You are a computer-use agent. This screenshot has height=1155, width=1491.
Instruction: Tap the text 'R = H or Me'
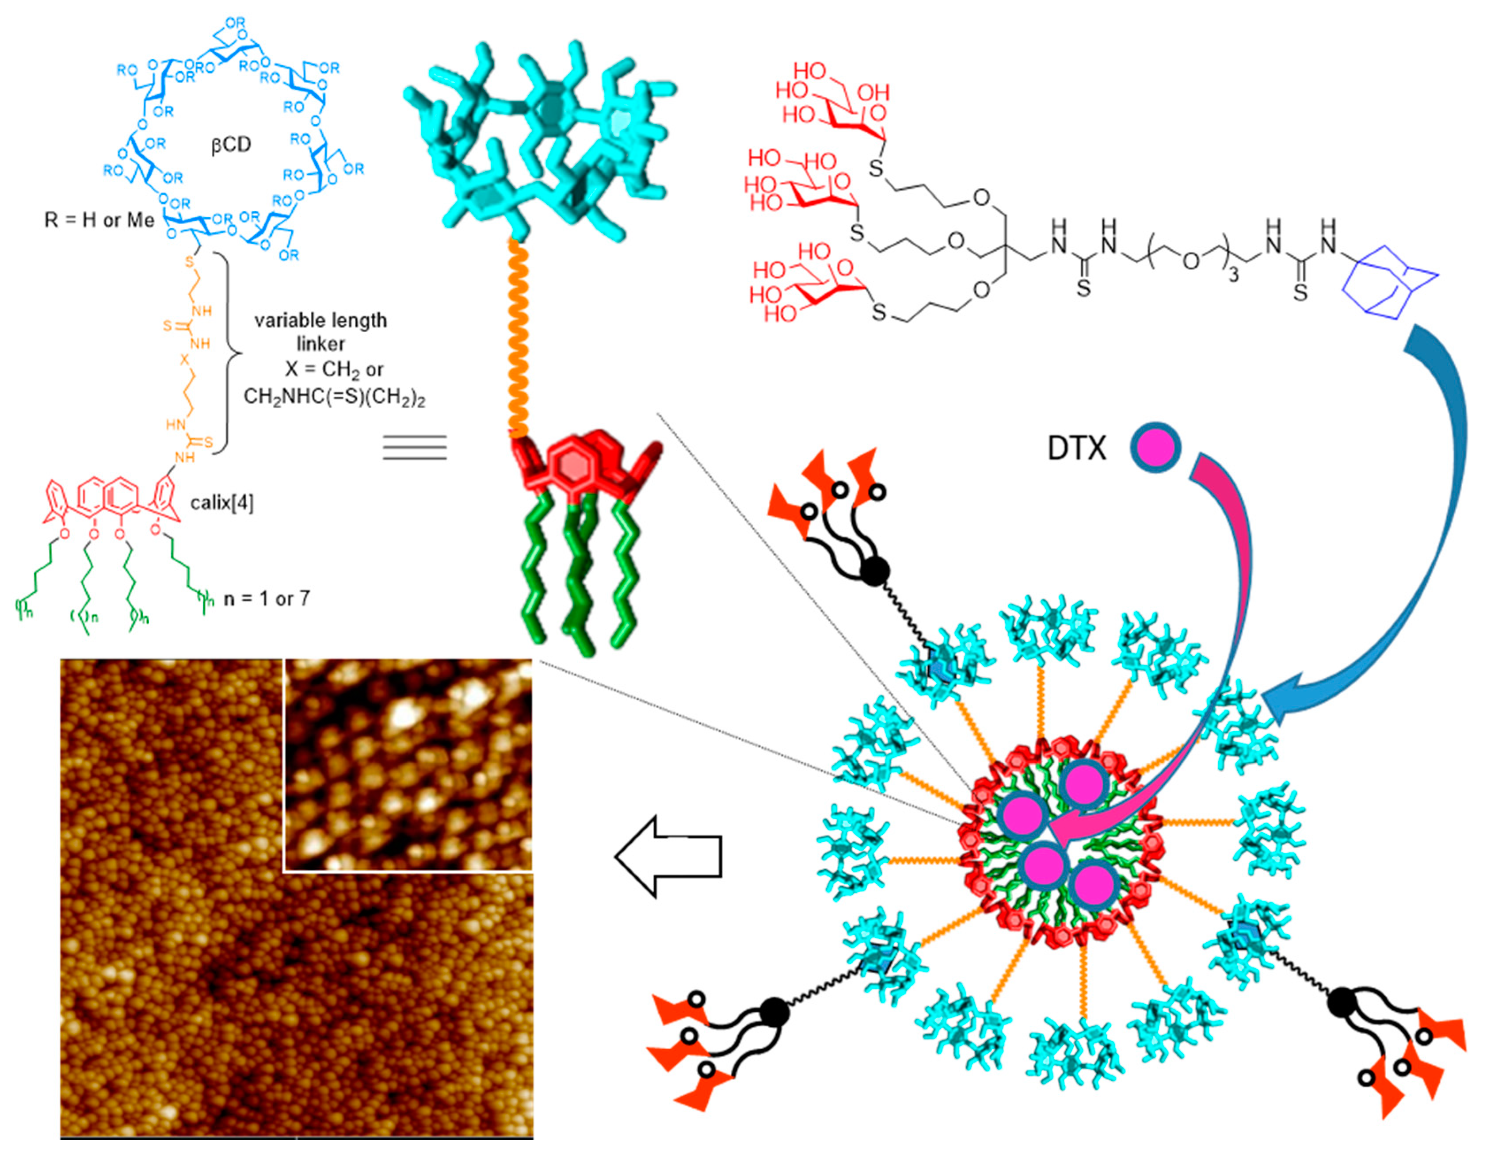point(99,220)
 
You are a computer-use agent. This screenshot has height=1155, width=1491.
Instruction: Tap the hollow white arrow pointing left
point(667,856)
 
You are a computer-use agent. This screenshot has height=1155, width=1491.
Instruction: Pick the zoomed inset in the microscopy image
point(408,764)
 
